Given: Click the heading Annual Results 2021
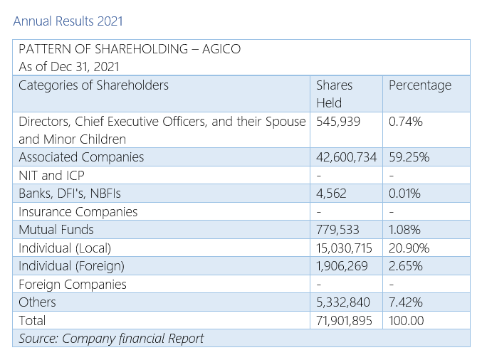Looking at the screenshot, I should coord(68,21).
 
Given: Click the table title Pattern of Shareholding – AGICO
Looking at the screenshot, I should coord(130,49).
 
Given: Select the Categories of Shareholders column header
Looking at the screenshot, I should coord(93,85).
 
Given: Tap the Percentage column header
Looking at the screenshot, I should coord(420,85).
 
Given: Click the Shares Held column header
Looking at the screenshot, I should coord(335,94).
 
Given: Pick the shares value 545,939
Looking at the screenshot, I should coord(338,122).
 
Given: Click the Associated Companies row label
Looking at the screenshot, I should coord(81,157).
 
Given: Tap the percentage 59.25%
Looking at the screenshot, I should coord(409,157).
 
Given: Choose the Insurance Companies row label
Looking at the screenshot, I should coord(78,212).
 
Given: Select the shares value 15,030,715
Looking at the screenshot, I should coord(346,248).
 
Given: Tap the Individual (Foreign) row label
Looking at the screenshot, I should coord(71,266).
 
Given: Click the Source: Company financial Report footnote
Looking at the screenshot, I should coord(111,338).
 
